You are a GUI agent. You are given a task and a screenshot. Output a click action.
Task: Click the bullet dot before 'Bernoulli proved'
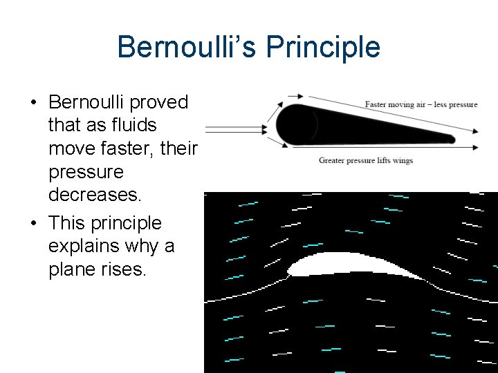click(x=33, y=103)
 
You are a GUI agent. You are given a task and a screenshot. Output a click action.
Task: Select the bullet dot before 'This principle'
click(x=33, y=224)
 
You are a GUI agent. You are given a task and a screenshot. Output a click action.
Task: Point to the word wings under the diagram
click(x=402, y=161)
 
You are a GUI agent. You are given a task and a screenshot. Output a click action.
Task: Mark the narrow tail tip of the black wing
click(x=451, y=139)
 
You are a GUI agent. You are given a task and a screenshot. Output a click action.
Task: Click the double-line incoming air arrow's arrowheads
click(x=263, y=128)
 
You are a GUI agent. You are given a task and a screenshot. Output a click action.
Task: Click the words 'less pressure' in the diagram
click(x=455, y=104)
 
